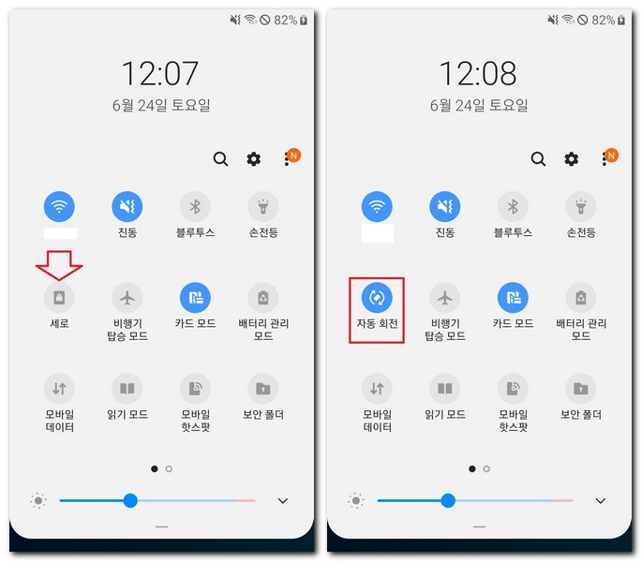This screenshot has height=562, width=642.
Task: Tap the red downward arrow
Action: (59, 265)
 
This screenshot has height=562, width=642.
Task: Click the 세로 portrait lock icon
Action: (59, 298)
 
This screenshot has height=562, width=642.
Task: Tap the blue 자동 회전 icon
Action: (377, 298)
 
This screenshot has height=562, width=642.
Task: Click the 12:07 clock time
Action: (158, 73)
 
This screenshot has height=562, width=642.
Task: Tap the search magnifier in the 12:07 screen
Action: (220, 159)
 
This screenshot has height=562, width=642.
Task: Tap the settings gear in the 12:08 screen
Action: (572, 159)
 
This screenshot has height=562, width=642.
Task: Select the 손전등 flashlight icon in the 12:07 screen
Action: (262, 207)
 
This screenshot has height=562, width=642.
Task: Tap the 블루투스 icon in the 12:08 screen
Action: (512, 207)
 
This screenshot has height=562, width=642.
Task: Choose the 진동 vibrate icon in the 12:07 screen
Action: (127, 207)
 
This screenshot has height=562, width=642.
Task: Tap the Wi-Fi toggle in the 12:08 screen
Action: (377, 207)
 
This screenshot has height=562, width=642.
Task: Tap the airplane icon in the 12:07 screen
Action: (127, 298)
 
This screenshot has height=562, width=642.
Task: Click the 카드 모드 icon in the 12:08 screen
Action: (512, 298)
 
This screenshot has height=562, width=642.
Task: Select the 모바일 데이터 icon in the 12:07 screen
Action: (59, 388)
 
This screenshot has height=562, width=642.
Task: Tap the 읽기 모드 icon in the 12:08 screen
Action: (444, 388)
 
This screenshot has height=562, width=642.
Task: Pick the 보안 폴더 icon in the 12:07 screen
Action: (262, 388)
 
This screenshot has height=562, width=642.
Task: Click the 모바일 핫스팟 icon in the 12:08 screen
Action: (512, 388)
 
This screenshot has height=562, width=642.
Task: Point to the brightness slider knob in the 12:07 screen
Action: (130, 500)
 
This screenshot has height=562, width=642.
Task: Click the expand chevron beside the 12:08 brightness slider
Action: (601, 501)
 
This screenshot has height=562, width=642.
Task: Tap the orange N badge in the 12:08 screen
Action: (612, 155)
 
